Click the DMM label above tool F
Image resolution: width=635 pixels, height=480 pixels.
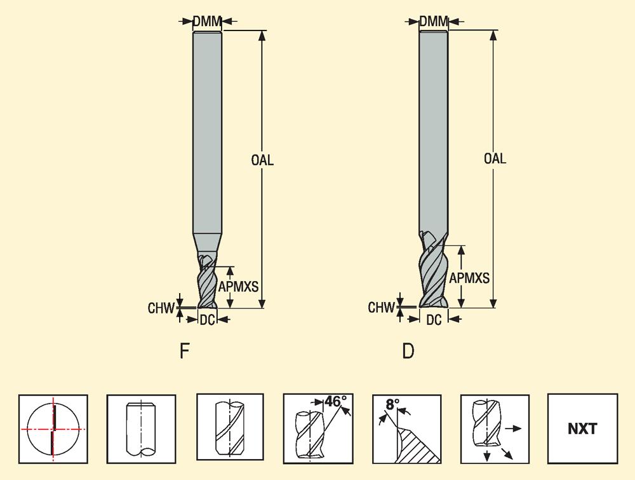207,22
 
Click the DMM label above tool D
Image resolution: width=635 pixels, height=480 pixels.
434,22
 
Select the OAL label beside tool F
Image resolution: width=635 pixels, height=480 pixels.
262,160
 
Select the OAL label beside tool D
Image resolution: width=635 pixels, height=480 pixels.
495,158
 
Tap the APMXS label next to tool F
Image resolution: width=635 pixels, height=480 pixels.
238,287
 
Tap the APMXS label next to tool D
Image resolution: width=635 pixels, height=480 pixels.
469,278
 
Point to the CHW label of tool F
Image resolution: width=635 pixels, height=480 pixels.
161,309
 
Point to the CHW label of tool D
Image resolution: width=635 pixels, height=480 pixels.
382,308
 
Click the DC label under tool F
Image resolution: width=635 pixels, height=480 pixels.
207,320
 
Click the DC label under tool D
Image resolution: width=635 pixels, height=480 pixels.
434,320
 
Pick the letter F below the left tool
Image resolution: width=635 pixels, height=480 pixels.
185,351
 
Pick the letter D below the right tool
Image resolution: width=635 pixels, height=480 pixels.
408,351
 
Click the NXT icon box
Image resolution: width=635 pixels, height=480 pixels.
582,429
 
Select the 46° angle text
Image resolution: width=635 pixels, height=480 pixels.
336,402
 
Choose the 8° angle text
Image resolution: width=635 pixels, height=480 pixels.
392,404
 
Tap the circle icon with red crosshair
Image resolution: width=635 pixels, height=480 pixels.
53,429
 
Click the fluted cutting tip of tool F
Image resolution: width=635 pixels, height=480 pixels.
207,283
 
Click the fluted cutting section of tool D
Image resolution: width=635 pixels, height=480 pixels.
434,270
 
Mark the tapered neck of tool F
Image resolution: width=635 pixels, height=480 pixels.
207,243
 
